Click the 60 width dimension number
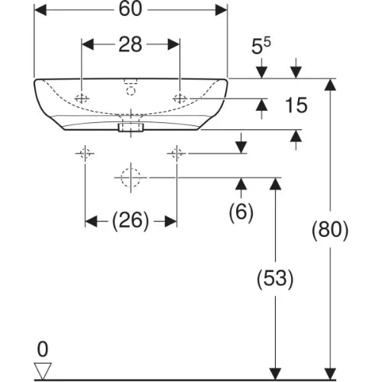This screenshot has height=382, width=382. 130,10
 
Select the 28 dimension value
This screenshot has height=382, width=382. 130,45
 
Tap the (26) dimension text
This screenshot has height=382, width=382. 130,221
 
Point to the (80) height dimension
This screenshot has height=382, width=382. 330,230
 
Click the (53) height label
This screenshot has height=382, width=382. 275,279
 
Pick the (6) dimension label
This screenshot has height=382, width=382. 241,212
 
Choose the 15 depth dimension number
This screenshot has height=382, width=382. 296,105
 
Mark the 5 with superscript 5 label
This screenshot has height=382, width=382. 261,46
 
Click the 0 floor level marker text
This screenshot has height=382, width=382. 43,349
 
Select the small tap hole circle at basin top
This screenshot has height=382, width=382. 131,91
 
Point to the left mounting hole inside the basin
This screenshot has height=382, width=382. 82,98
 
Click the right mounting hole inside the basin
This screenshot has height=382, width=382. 180,98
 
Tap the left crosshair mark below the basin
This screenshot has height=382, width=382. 85,154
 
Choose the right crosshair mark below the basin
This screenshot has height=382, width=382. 176,154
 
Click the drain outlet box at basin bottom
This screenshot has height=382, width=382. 131,128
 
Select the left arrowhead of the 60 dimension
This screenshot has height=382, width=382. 40,10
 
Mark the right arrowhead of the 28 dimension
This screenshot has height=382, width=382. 173,45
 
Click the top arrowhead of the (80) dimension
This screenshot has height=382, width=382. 330,85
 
